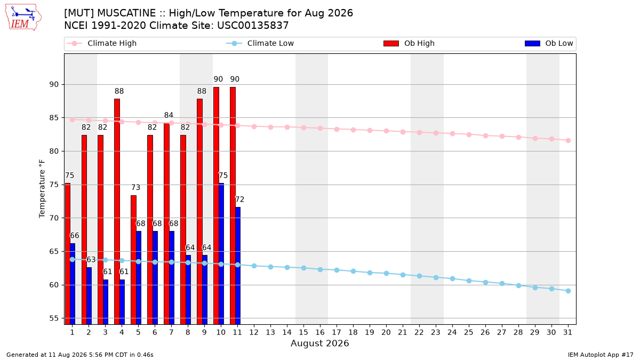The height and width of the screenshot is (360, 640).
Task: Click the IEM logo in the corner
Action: click(x=23, y=18)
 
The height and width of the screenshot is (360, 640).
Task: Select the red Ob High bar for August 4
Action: click(x=117, y=211)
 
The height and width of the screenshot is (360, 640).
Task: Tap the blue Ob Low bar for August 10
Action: click(x=221, y=254)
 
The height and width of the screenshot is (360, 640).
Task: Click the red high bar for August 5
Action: click(x=133, y=260)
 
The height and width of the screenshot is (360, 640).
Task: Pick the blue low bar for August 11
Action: click(x=238, y=266)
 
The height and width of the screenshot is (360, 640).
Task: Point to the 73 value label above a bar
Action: click(x=135, y=187)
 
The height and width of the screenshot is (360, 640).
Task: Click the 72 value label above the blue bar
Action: click(x=239, y=199)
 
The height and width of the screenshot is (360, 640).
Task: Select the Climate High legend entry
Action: click(x=102, y=43)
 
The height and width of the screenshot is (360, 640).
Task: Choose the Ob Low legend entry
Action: click(x=549, y=43)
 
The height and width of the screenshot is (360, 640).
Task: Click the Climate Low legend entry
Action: click(x=260, y=43)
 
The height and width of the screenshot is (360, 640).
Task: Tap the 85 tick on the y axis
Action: click(x=53, y=118)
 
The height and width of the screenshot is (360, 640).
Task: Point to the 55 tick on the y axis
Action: click(x=53, y=318)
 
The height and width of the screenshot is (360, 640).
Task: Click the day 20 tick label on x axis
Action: click(x=386, y=332)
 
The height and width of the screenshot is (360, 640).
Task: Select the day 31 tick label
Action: click(x=567, y=332)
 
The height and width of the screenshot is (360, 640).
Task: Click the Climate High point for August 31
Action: click(x=568, y=141)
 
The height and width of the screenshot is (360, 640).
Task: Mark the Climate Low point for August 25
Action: click(x=469, y=281)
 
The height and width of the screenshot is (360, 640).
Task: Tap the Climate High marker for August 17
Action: click(x=337, y=130)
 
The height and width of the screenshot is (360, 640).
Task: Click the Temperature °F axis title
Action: click(x=42, y=189)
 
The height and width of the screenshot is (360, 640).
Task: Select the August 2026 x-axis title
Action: click(x=319, y=343)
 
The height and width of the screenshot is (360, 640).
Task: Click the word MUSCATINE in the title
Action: click(x=126, y=13)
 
